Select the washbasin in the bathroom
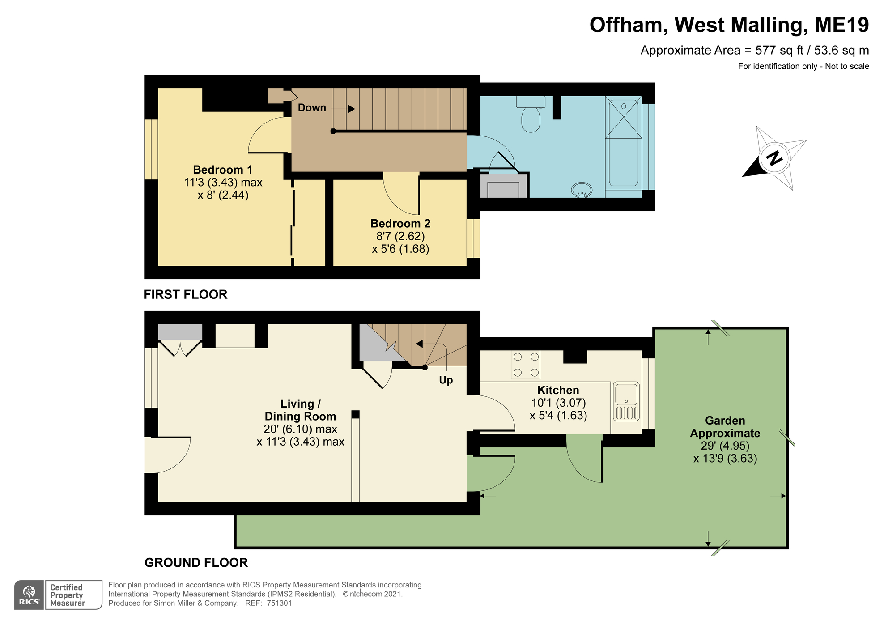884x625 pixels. (x=582, y=190)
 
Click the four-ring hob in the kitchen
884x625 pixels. (x=526, y=365)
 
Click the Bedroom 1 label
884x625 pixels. (x=222, y=170)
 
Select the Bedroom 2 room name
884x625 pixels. (x=400, y=224)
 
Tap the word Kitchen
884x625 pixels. (x=558, y=390)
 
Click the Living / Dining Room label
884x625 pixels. (x=300, y=410)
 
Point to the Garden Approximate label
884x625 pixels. (x=725, y=427)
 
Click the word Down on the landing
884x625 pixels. (x=312, y=108)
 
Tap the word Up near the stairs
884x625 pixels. (x=446, y=380)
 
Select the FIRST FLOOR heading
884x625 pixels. (x=186, y=294)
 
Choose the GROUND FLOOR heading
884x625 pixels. (x=196, y=563)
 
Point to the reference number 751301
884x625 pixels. (x=279, y=603)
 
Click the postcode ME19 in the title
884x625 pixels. (x=841, y=25)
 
